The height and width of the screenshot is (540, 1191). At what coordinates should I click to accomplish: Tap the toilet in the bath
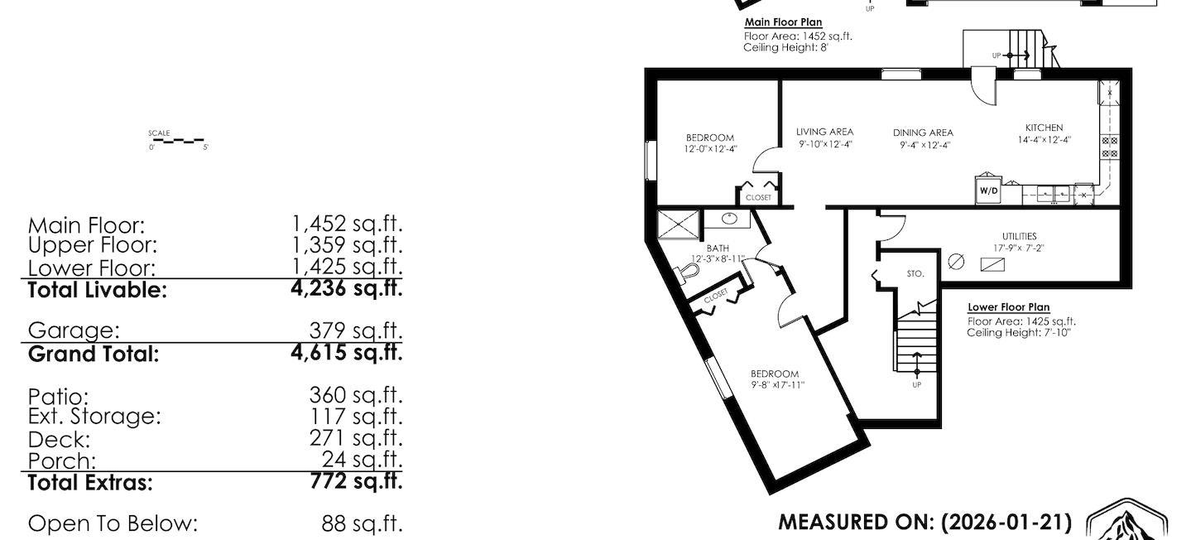tap(685, 273)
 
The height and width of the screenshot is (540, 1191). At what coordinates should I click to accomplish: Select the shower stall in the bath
tap(677, 225)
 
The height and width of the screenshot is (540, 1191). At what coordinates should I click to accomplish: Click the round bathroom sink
tap(730, 219)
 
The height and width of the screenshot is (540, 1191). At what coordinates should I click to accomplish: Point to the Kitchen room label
tap(1044, 128)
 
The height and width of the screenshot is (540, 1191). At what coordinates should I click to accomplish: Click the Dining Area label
tap(923, 133)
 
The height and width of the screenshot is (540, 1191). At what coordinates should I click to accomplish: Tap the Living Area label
tap(824, 132)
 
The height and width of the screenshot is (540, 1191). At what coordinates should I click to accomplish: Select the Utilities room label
tap(1015, 236)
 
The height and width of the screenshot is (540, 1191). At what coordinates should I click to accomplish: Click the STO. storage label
tap(915, 273)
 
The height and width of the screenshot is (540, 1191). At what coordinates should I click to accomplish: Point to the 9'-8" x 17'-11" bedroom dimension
tap(778, 385)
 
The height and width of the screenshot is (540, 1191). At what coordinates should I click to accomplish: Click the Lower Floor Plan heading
tap(1008, 307)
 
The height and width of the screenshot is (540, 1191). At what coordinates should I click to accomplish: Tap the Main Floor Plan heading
tap(783, 22)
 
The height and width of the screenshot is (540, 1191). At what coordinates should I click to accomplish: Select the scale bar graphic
tap(179, 142)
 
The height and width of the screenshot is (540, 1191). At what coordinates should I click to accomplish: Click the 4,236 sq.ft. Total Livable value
tap(347, 288)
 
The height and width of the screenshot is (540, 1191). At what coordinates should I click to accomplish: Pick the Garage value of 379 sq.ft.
tap(356, 330)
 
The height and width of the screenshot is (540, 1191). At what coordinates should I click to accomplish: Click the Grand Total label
tap(94, 354)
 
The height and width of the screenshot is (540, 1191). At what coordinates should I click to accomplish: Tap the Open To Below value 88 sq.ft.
tap(362, 523)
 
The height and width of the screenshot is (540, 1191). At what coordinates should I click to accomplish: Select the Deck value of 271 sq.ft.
tap(356, 438)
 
